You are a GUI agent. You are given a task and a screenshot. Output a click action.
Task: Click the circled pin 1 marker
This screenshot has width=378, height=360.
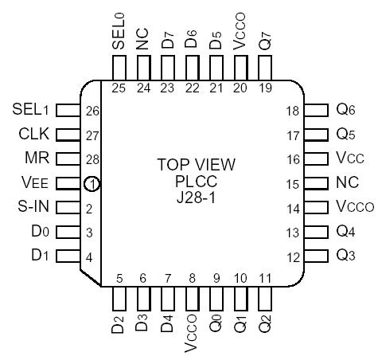pos(92,184)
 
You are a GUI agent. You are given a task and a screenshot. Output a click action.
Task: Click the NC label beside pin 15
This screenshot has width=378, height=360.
pos(349,183)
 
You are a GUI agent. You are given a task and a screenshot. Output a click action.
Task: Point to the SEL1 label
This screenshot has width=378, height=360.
pos(33,109)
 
